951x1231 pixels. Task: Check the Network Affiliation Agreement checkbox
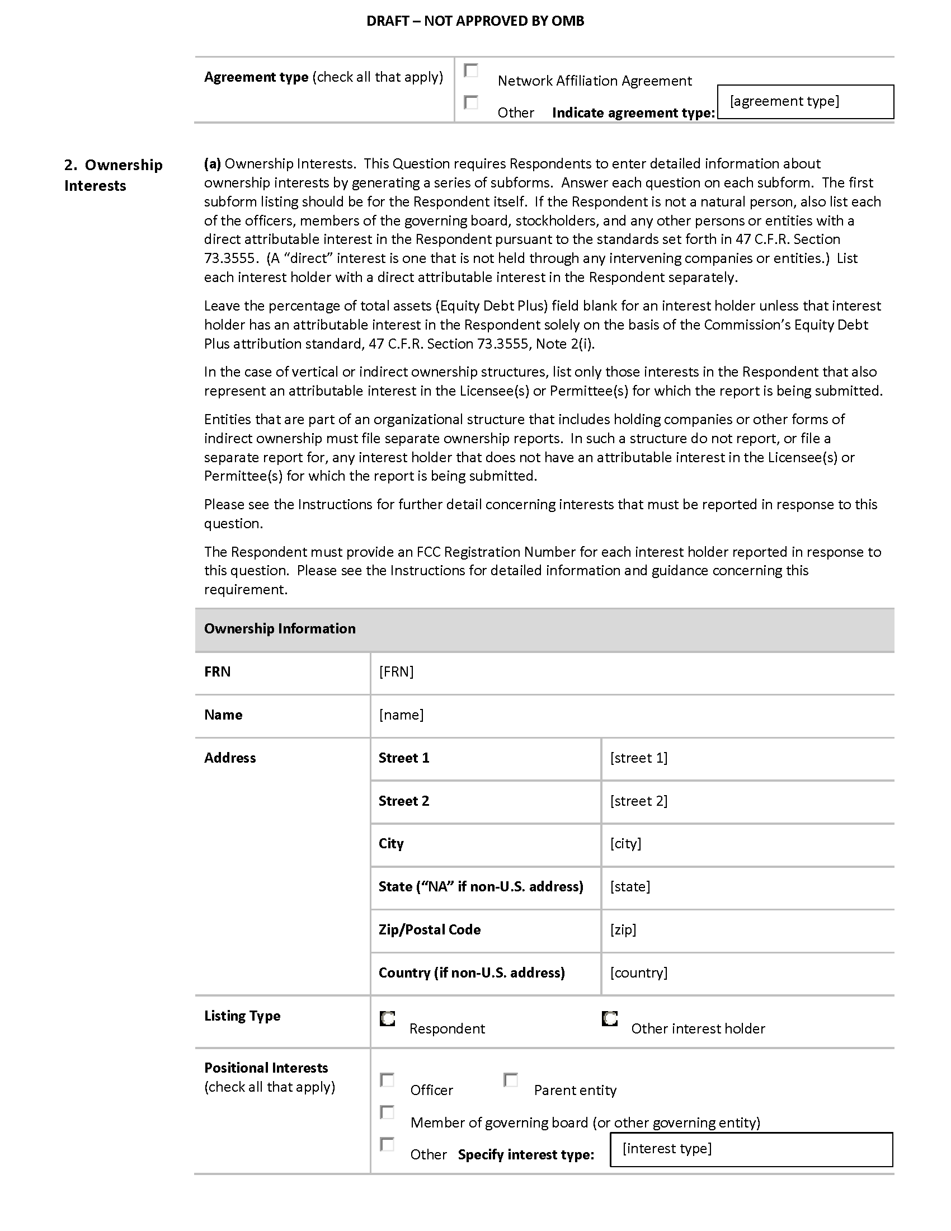[x=470, y=71]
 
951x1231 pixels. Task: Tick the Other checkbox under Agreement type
[x=470, y=102]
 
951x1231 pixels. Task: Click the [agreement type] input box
[x=805, y=102]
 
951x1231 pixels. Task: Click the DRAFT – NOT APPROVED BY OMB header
[x=475, y=21]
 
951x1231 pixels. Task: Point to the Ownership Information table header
[x=280, y=629]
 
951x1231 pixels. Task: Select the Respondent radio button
[x=388, y=1018]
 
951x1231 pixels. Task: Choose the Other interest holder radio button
[x=610, y=1018]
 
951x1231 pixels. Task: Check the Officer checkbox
[x=387, y=1080]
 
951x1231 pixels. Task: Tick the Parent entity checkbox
[x=510, y=1080]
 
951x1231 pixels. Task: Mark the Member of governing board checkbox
[x=387, y=1112]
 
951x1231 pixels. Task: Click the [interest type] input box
[x=751, y=1149]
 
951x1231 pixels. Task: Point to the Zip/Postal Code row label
[x=429, y=930]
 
